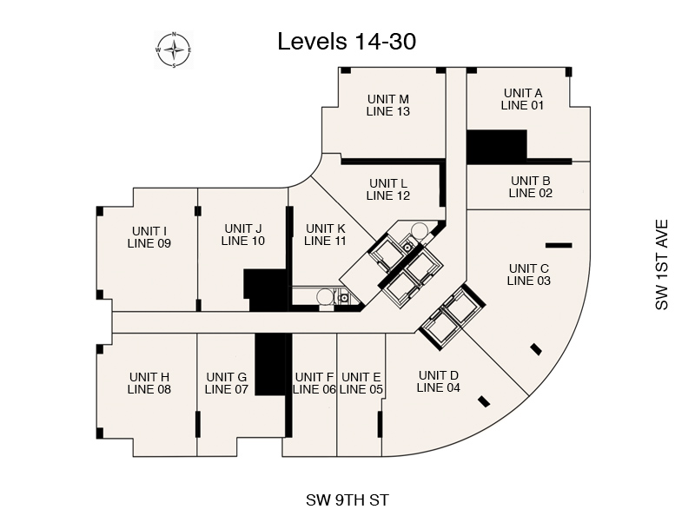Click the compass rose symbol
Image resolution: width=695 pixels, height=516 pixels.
174,50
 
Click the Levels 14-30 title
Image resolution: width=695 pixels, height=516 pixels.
347,42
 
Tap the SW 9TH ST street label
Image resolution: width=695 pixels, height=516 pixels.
347,500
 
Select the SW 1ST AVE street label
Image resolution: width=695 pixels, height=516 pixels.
661,265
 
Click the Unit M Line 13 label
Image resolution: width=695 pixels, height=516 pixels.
388,105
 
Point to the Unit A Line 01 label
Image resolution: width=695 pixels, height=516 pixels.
523,99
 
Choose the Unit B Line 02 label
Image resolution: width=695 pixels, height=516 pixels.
531,187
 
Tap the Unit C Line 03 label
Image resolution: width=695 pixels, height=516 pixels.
529,275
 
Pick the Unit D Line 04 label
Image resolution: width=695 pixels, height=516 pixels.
439,381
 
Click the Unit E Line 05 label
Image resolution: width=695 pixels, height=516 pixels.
361,383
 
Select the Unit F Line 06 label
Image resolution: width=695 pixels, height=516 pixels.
314,383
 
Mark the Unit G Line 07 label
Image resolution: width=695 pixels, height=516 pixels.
227,383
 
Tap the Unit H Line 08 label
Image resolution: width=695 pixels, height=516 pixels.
149,383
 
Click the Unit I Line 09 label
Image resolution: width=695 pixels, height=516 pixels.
149,238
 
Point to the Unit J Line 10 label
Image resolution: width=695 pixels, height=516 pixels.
243,235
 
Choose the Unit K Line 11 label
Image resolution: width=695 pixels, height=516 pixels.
325,235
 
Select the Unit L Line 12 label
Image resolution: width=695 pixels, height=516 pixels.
388,189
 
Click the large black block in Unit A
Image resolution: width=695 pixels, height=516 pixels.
497,147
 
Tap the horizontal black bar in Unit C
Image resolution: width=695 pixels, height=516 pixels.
559,245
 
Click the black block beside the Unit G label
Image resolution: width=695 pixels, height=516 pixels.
270,364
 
